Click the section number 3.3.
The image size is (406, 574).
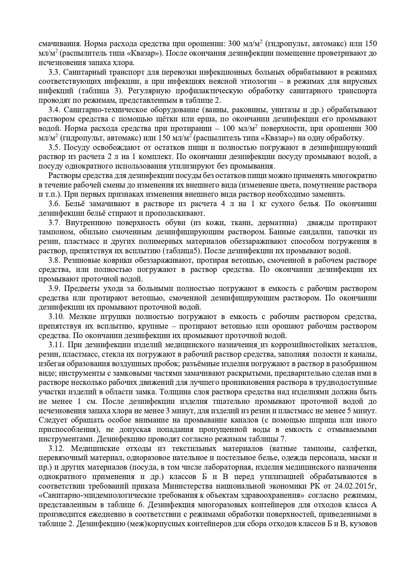tap(54, 72)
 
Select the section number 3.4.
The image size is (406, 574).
tap(54, 110)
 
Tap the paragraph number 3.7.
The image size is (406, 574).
tap(54, 223)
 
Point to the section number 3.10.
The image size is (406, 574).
tap(56, 317)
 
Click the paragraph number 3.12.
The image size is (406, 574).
tap(56, 448)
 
